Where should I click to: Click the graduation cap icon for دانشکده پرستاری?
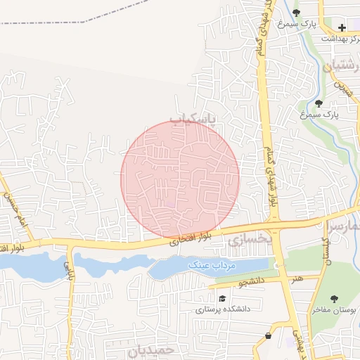pyautogui.click(x=202, y=297)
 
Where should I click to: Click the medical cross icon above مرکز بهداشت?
pyautogui.click(x=342, y=28)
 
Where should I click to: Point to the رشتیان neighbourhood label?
pyautogui.click(x=340, y=68)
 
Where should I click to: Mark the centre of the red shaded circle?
pyautogui.click(x=180, y=179)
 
